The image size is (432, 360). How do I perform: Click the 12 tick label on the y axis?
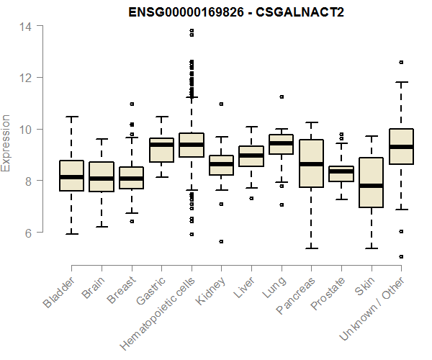[26, 78]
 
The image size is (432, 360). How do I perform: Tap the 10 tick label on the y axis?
[26, 130]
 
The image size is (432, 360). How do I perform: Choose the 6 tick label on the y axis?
[29, 233]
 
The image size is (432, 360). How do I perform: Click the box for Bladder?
[71, 175]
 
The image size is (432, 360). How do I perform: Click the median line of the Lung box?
[281, 143]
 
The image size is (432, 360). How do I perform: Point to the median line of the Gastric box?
[161, 145]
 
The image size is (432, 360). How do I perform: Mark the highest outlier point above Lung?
[282, 96]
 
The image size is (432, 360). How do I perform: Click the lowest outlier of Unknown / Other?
[401, 256]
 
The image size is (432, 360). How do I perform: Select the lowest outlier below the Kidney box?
[221, 241]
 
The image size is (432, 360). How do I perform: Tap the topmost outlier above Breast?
[131, 104]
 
